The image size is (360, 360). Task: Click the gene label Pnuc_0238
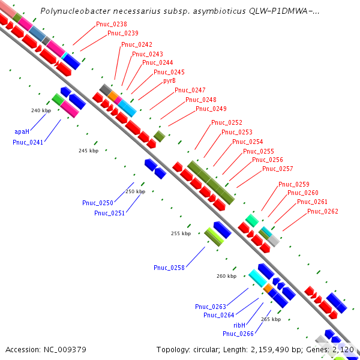pos(111,25)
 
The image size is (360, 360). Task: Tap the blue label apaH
pos(22,131)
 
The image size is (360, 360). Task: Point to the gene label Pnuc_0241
pos(28,142)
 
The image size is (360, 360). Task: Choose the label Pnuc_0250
pos(97,203)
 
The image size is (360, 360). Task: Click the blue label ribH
pos(241,324)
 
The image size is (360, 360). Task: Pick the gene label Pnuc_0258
pos(169,268)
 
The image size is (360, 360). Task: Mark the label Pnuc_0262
pos(323,211)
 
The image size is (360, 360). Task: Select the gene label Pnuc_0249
pos(211,109)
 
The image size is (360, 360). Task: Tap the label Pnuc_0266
pos(238,334)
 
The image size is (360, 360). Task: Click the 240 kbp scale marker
pos(41,110)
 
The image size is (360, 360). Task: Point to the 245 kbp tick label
pos(88,151)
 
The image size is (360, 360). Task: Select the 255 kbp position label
pos(181,233)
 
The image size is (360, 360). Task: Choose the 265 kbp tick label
pos(271,319)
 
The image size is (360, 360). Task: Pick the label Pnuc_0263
pos(210,307)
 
